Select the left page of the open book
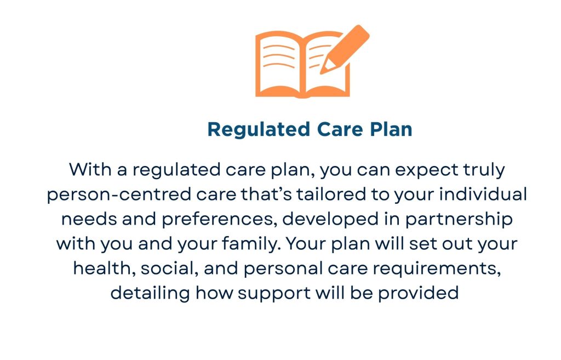click(x=279, y=63)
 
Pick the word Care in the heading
click(x=335, y=130)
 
